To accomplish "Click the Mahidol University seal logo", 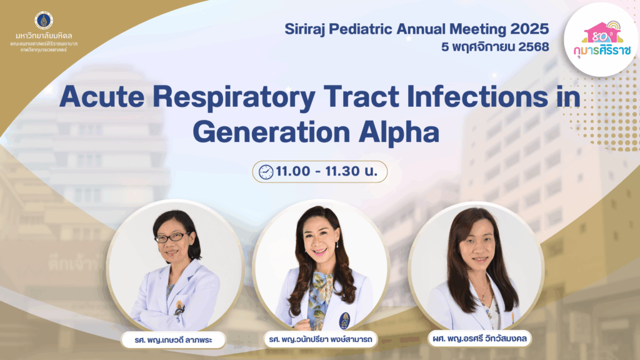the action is [44, 21].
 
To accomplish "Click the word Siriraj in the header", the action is [304, 29].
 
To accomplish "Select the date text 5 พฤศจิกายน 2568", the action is [495, 47].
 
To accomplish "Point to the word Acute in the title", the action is [102, 97].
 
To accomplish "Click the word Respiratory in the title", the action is [234, 99].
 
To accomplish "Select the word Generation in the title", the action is [271, 132].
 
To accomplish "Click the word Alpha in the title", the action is [399, 132].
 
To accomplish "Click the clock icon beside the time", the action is [266, 172].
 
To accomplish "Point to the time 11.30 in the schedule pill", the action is [342, 171].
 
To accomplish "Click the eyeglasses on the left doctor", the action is [172, 237].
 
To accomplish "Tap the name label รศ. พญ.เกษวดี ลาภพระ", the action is [174, 340].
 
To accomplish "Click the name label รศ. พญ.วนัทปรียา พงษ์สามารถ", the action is [321, 339].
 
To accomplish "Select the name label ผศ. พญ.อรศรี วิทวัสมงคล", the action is [479, 338].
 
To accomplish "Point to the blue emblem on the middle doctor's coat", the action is [344, 321].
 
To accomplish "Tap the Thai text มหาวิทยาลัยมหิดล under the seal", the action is [44, 36].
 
